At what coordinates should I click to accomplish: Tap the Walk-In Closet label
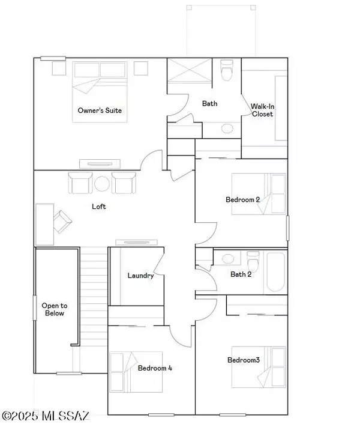[x=262, y=110]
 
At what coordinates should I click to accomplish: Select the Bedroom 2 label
[x=242, y=199]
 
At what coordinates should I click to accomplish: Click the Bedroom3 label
[x=243, y=360]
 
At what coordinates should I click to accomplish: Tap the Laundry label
[x=141, y=276]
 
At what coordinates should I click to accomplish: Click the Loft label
[x=99, y=206]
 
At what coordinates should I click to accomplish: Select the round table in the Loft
[x=101, y=183]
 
